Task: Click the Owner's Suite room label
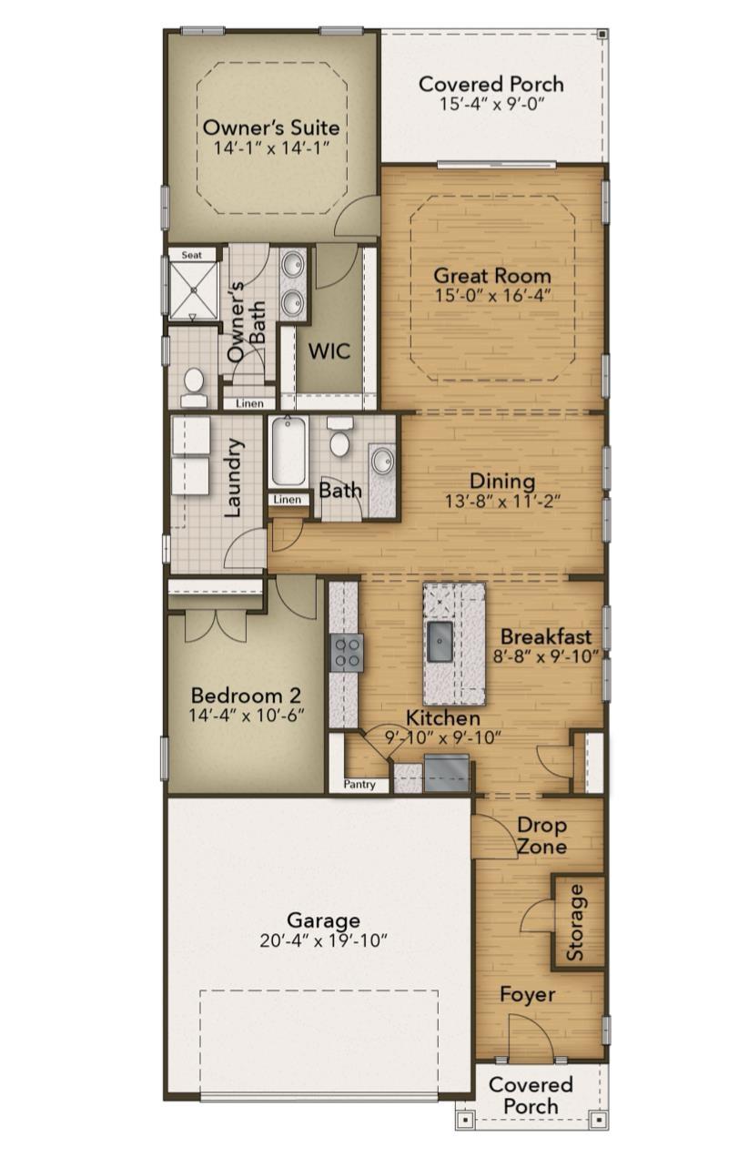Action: (x=271, y=127)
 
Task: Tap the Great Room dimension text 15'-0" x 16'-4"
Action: (x=492, y=295)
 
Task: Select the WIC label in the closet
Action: (x=329, y=351)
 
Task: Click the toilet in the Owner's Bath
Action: (x=194, y=387)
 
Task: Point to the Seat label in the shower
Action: (x=191, y=256)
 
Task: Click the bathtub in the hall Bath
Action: (x=288, y=452)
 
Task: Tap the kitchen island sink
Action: (x=441, y=641)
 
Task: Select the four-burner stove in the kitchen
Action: (x=346, y=653)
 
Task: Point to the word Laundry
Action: (x=234, y=478)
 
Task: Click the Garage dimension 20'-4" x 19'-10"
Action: (x=323, y=940)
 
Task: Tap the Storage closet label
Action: (x=576, y=922)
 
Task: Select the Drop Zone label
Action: (x=542, y=836)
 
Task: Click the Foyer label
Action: (x=527, y=994)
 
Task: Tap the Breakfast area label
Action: (x=545, y=636)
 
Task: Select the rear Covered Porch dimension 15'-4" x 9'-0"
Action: (x=491, y=104)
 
